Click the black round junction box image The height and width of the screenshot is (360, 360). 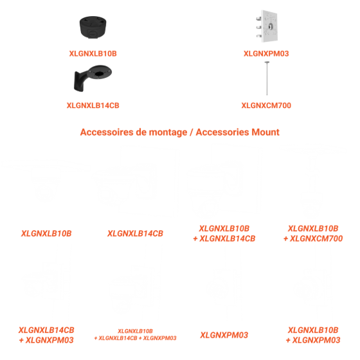(93, 28)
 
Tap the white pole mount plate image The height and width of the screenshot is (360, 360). (267, 26)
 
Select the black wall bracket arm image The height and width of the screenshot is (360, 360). (93, 78)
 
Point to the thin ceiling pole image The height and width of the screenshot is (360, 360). (267, 78)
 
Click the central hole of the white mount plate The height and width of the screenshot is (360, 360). (271, 26)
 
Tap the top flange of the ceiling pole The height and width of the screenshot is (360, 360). (267, 62)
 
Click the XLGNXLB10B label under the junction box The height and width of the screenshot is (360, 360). (93, 53)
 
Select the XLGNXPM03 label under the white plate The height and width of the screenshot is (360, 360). (266, 53)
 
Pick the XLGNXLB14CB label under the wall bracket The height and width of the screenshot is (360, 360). (93, 105)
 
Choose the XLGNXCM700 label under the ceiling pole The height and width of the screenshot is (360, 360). (266, 105)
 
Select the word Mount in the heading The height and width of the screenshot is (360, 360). (265, 132)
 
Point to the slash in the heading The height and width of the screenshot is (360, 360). (192, 132)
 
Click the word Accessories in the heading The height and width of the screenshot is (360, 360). (222, 132)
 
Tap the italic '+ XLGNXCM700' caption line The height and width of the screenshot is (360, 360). (313, 239)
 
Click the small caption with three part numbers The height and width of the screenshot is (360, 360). (135, 334)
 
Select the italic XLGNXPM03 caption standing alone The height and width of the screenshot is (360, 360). (224, 335)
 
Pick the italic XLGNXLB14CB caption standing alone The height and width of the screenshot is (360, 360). (135, 233)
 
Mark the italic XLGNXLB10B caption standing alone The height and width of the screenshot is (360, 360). (46, 233)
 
